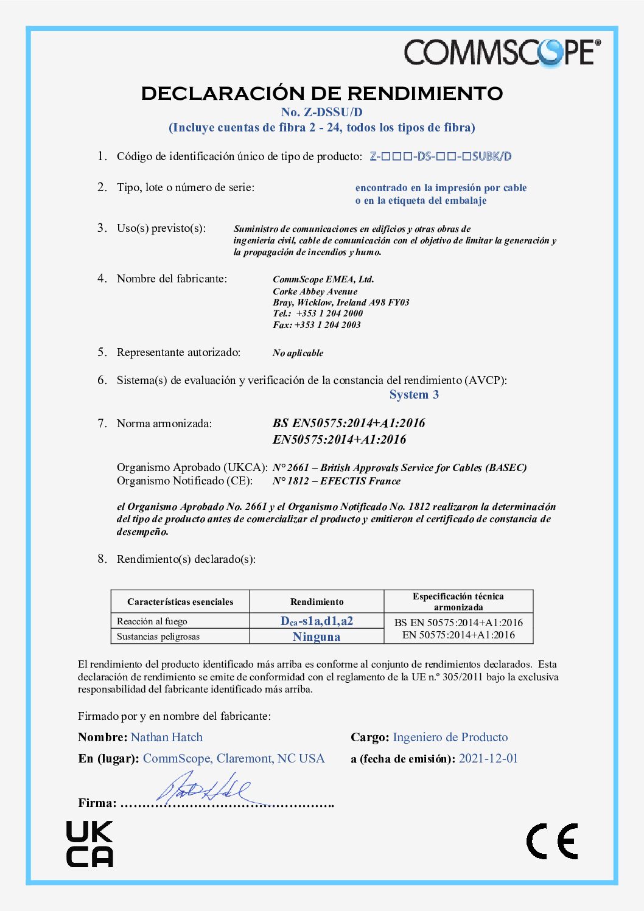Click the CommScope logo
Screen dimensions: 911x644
[x=502, y=52]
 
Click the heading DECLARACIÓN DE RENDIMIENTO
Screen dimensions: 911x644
[x=322, y=93]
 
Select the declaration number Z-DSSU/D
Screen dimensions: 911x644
[x=321, y=112]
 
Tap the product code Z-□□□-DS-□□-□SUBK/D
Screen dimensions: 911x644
[x=441, y=156]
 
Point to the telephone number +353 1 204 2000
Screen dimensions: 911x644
[x=329, y=313]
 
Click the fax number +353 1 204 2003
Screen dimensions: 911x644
[x=327, y=325]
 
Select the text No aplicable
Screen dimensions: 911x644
[x=298, y=353]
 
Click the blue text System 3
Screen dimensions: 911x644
[x=414, y=395]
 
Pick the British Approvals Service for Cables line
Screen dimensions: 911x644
[x=399, y=468]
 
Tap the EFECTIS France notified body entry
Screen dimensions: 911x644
[x=337, y=481]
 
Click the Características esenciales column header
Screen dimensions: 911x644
[x=180, y=602]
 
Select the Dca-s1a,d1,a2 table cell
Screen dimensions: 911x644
[x=317, y=621]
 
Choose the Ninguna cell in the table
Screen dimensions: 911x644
[x=317, y=637]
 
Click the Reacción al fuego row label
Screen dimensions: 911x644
[x=152, y=621]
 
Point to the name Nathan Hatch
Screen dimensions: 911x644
[x=167, y=738]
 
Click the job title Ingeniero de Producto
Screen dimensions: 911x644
[x=450, y=738]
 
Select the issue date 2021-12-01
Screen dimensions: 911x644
[x=488, y=759]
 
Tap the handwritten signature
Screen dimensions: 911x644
[x=204, y=789]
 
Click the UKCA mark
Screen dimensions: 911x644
[x=89, y=844]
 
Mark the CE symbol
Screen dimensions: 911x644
[x=552, y=842]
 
